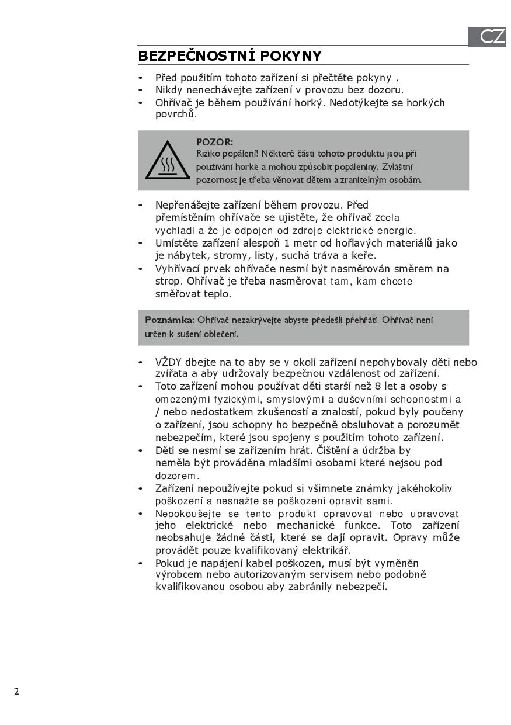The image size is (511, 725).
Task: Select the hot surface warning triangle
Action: (x=167, y=160)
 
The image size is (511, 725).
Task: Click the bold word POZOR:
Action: (x=214, y=142)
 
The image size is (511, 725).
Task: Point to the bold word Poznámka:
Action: (x=169, y=320)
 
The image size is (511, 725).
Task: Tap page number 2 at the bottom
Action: (x=16, y=692)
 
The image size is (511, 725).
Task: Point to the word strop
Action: (x=168, y=282)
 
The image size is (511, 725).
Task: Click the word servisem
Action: (x=326, y=574)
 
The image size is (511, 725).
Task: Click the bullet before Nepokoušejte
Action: (x=140, y=514)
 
